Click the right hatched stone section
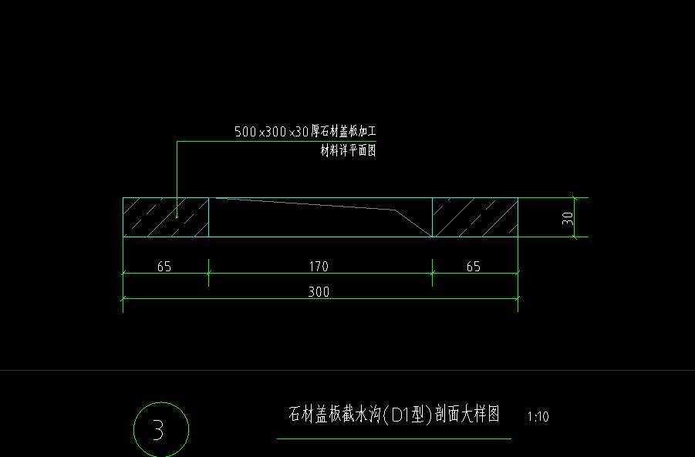474,217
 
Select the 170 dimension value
319,267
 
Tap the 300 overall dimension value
319,292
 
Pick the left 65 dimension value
164,267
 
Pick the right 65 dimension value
474,267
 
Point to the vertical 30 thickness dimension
568,218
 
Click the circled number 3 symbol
160,429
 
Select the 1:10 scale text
538,417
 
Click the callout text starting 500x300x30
305,132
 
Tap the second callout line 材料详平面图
348,151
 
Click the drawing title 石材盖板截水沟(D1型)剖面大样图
393,415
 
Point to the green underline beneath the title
393,439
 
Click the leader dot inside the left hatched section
177,218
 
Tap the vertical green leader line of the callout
177,177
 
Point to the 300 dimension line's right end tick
518,299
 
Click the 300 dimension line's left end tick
123,299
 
